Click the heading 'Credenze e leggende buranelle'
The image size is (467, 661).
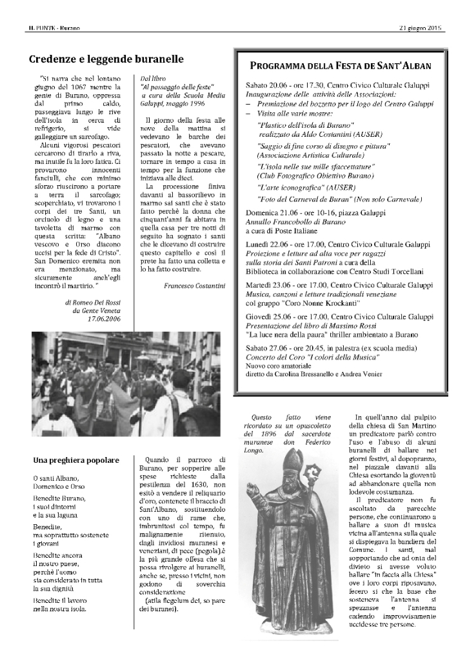coord(106,59)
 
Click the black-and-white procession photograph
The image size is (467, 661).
coord(126,385)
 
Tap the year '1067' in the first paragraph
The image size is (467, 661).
coord(83,87)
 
